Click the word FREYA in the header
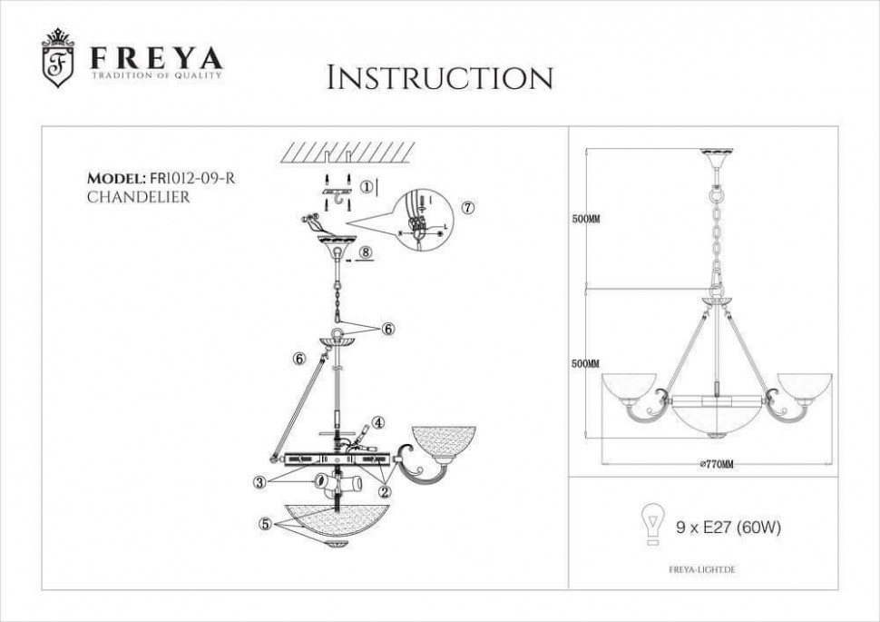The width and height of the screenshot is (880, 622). click(156, 58)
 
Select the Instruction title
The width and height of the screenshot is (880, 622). click(439, 78)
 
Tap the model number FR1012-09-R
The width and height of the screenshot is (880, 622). click(192, 178)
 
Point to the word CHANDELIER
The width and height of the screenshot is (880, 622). click(138, 197)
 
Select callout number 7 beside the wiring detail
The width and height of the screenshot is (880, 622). click(468, 206)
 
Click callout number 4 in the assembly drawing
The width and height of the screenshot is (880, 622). click(378, 421)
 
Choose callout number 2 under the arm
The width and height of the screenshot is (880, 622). click(385, 492)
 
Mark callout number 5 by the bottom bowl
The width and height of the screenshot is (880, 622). click(265, 524)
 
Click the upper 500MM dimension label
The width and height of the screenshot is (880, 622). click(586, 220)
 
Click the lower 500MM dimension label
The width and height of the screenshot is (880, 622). click(586, 364)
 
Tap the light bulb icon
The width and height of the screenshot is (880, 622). click(650, 526)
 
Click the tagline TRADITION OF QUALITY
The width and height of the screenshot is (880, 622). click(156, 75)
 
